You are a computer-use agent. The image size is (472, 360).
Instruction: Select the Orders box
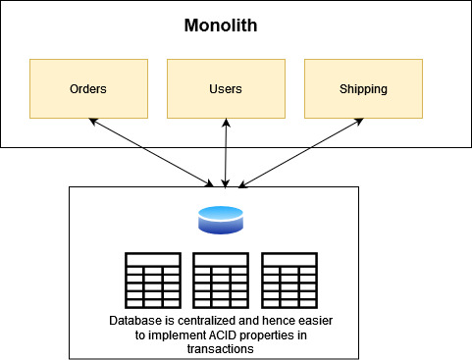point(88,88)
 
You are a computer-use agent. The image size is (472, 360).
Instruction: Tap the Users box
point(226,88)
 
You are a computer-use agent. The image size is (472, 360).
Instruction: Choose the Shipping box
point(363,88)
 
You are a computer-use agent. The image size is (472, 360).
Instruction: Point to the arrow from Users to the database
point(227,152)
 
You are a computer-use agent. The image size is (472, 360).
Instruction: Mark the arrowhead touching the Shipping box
point(359,122)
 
